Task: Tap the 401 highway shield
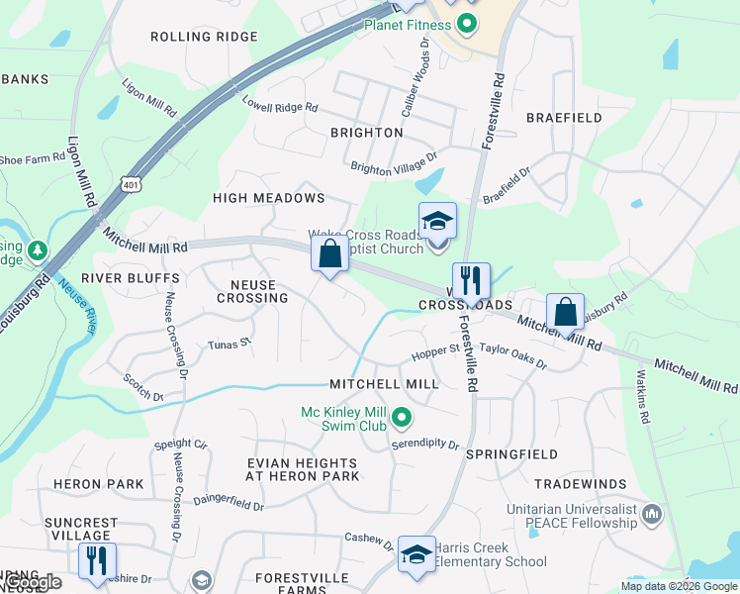click(133, 183)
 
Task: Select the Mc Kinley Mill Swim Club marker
click(401, 420)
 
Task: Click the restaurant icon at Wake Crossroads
click(471, 280)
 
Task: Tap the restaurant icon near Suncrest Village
click(97, 560)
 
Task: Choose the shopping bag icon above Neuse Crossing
click(330, 253)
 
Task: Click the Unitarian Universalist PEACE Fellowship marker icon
click(652, 514)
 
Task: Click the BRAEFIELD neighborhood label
click(564, 118)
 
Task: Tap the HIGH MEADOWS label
click(269, 198)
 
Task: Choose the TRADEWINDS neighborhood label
click(580, 484)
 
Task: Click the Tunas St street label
click(231, 346)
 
